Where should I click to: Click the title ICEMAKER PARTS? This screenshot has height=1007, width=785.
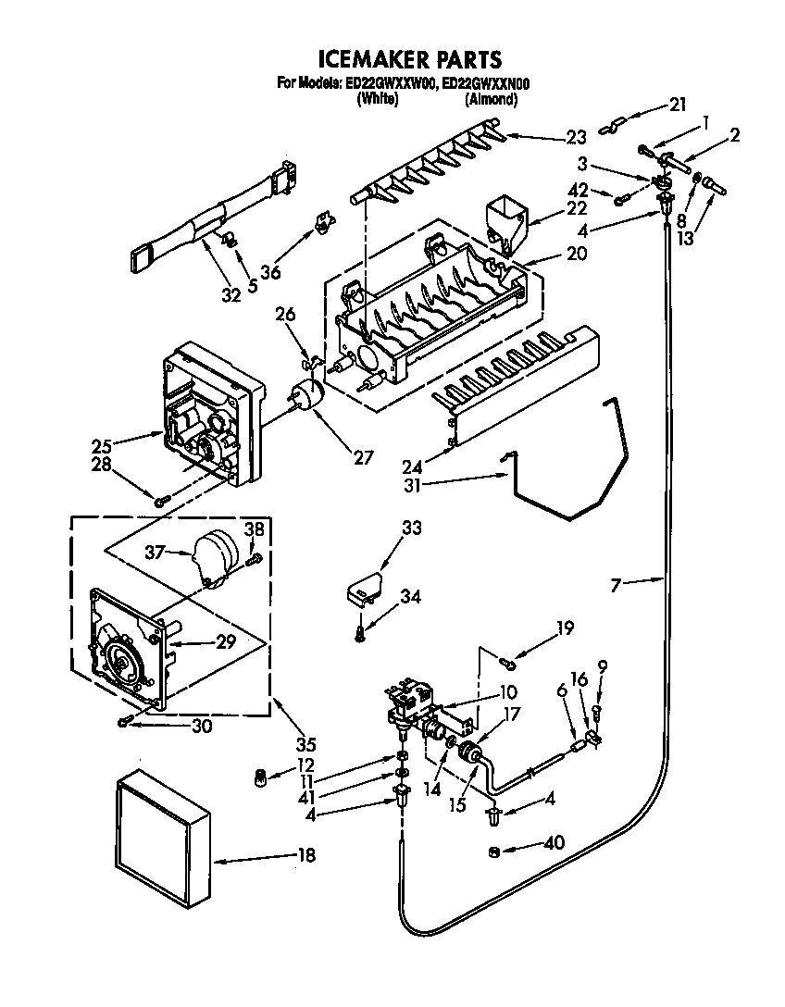(x=409, y=60)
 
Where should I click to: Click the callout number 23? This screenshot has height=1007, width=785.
(x=577, y=138)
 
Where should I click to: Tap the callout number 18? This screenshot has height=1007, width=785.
(x=305, y=855)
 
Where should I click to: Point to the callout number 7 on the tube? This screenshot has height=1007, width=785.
(x=618, y=583)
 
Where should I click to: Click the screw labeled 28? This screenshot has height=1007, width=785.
(x=162, y=501)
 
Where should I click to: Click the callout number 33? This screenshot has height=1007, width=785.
(x=410, y=528)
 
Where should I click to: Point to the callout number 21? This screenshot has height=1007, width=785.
(x=679, y=106)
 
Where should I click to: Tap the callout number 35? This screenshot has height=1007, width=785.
(x=305, y=742)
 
